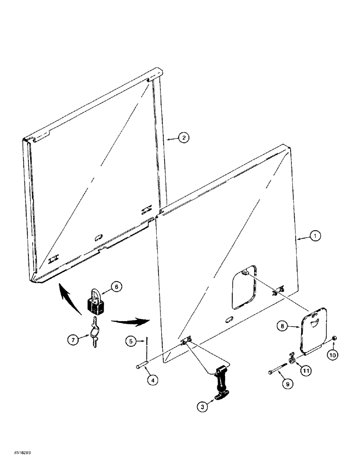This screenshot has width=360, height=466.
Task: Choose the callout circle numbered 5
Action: tap(131, 341)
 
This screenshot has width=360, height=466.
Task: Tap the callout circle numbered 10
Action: tap(333, 355)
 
